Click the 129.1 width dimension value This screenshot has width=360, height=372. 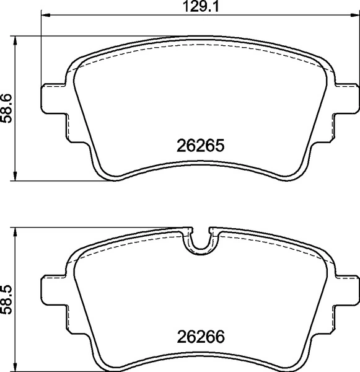201,7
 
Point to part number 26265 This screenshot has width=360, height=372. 200,148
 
